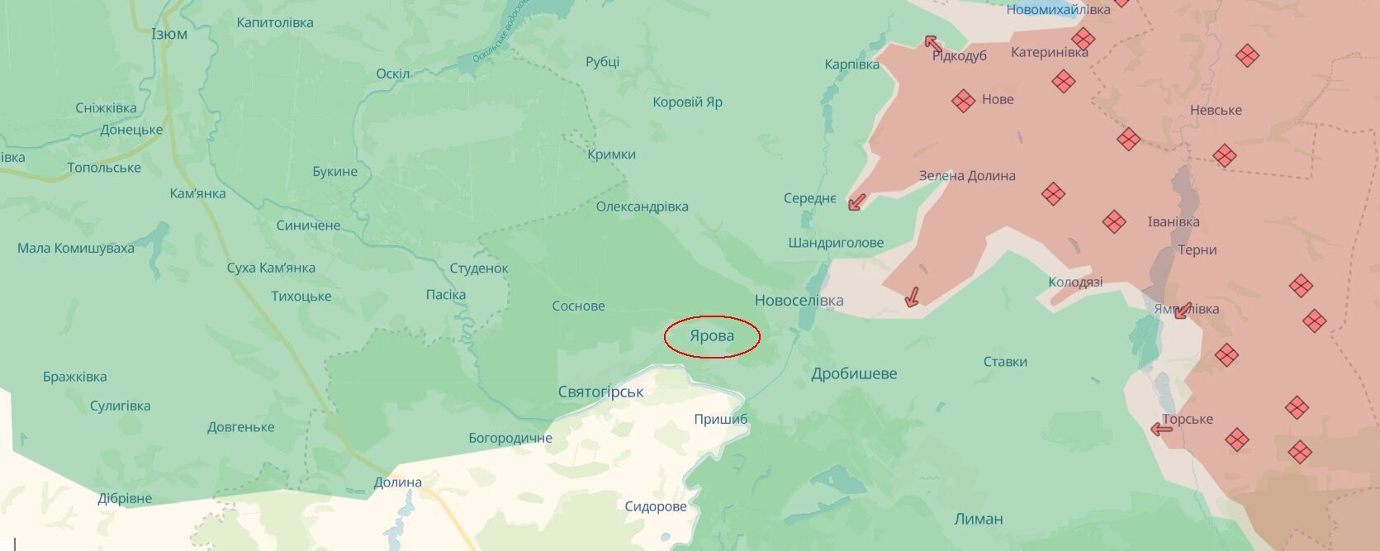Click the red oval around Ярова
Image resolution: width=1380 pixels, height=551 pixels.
[x=711, y=336]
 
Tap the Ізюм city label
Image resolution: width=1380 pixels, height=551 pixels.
[x=169, y=34]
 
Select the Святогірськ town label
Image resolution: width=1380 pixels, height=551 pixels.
[x=600, y=392]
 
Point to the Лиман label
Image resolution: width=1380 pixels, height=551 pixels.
[x=978, y=519]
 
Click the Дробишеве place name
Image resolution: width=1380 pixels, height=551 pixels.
[x=854, y=373]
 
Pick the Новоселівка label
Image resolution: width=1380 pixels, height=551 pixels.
[x=799, y=300]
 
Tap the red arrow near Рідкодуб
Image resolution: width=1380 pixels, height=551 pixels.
[x=933, y=44]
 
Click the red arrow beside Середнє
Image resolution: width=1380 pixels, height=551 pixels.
[x=857, y=202]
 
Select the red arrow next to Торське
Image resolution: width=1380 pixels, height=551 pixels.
[x=1162, y=429]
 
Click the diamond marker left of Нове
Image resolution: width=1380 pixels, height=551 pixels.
[x=963, y=101]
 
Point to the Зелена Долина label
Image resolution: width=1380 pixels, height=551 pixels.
[x=967, y=175]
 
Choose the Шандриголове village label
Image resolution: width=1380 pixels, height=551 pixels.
[x=836, y=243]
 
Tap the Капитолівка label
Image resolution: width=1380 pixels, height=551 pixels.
[x=275, y=22]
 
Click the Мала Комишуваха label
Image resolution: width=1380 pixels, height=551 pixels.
[x=76, y=248]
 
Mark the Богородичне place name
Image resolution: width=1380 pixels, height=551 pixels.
[x=510, y=438]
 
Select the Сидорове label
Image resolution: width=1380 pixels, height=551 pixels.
[x=656, y=506]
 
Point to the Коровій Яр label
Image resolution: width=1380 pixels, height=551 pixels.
[x=687, y=102]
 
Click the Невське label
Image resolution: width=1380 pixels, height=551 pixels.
[x=1216, y=110]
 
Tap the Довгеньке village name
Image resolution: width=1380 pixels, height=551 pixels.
[x=241, y=427]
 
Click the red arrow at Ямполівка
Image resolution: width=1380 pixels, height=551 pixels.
[x=1182, y=311]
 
